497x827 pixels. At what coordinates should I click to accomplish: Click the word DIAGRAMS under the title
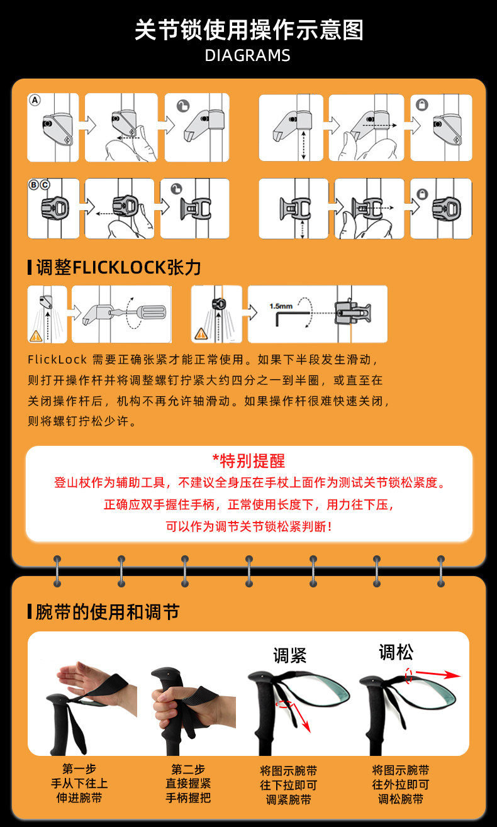tap(248, 55)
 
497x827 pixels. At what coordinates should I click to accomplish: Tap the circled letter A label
tap(35, 100)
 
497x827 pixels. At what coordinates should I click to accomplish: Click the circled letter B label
tap(33, 185)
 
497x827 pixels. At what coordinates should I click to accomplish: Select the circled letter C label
tap(45, 185)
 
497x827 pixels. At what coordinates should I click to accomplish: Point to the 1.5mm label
tap(281, 306)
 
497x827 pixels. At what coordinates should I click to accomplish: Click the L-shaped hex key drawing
tap(292, 318)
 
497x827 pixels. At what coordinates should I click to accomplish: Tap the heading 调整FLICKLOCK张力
tap(118, 267)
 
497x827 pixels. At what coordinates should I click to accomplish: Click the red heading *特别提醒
tap(248, 461)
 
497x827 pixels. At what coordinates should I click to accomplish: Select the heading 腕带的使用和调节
tap(108, 612)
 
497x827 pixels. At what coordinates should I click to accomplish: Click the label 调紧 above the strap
tap(290, 655)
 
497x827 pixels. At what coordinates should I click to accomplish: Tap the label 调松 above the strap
tap(396, 652)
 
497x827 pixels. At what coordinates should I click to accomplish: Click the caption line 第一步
tap(79, 769)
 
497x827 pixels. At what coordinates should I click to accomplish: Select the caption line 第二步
tap(188, 769)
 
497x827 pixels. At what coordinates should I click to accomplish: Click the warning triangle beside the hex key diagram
tap(201, 334)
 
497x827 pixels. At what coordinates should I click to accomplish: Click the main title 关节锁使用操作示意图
tap(249, 30)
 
